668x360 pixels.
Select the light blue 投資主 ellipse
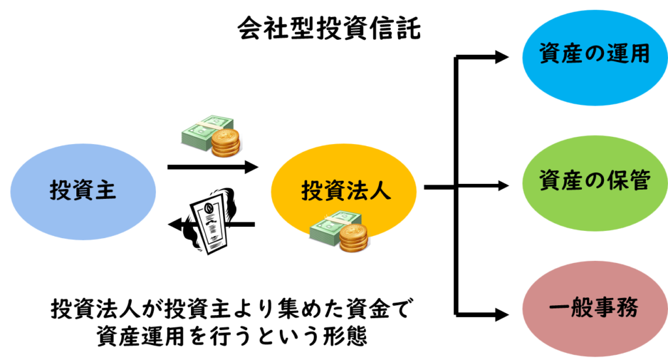pos(83,190)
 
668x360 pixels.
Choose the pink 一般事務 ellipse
pos(594,305)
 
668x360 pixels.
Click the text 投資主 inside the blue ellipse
pos(83,190)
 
